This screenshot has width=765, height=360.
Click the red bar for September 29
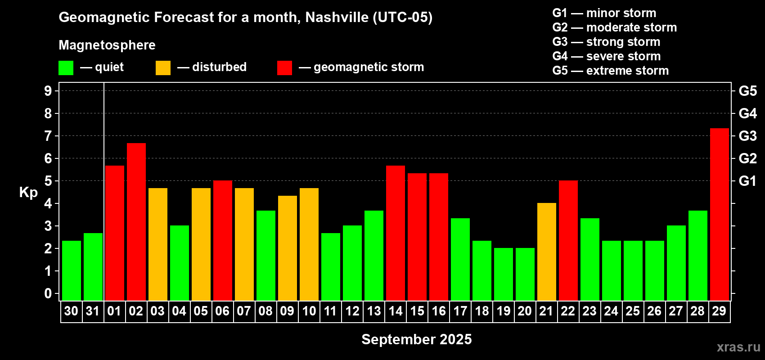(719, 215)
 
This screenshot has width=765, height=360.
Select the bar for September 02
(136, 222)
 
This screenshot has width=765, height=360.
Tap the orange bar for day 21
(546, 252)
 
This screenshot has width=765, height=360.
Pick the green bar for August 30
(71, 271)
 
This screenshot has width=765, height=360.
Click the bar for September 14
(395, 233)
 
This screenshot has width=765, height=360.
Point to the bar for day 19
(503, 274)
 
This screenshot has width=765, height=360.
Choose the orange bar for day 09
(287, 248)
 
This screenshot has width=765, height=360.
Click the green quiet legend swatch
(66, 68)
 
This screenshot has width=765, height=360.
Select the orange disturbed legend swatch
(163, 68)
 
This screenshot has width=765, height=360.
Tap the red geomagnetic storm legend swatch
(284, 68)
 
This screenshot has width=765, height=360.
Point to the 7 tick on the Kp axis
(48, 136)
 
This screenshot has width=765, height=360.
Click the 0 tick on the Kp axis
(48, 294)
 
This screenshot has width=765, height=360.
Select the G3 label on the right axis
(747, 136)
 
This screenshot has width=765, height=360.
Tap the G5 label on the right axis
(747, 91)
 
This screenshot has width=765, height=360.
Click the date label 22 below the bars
(568, 311)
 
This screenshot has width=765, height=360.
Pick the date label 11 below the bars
(330, 311)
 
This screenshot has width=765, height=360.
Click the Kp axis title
(28, 193)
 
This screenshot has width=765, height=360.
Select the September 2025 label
(416, 339)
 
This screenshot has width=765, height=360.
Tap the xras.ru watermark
(738, 347)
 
